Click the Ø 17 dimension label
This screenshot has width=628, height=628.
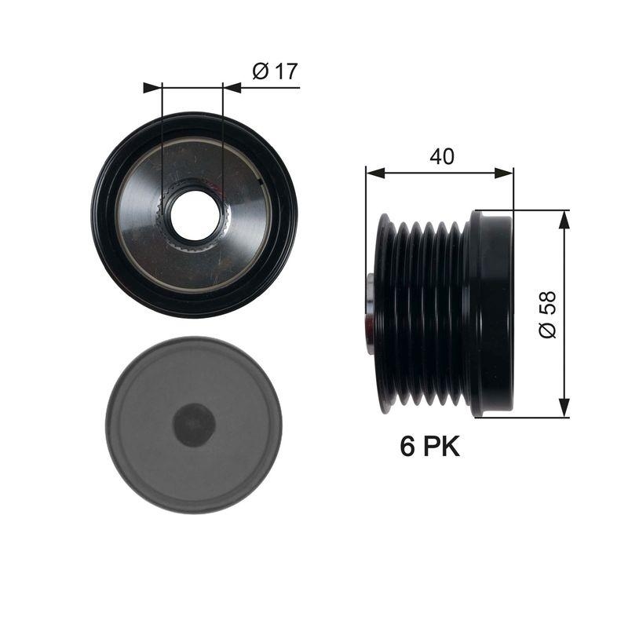point(275,71)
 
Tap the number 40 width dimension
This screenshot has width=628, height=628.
point(441,156)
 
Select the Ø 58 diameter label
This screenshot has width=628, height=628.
point(547,314)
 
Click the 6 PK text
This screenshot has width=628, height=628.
point(429,447)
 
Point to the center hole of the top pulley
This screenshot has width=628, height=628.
point(193,217)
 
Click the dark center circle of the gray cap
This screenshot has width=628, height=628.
point(194,425)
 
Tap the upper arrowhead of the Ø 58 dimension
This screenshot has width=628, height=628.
point(564,219)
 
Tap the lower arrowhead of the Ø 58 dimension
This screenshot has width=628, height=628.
point(564,408)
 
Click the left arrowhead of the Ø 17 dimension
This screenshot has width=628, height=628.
point(152,87)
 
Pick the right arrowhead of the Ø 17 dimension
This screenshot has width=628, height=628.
point(231,87)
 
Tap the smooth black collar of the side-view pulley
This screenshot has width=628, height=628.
point(491,314)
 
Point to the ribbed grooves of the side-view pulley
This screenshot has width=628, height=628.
point(424,314)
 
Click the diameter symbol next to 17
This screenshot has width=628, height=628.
point(260,71)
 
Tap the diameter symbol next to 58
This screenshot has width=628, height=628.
point(547,330)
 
